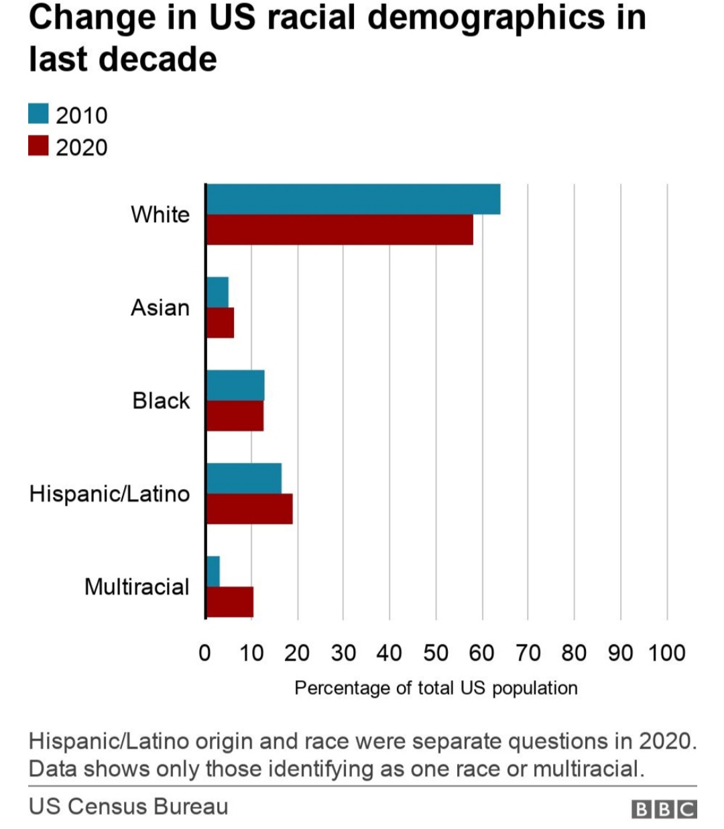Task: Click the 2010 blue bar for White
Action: (353, 199)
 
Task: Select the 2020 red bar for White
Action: (340, 229)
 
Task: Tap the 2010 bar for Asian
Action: (218, 292)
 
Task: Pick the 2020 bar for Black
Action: (235, 416)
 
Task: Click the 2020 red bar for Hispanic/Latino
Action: (249, 509)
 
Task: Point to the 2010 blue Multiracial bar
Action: (213, 571)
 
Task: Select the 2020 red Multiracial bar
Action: (230, 602)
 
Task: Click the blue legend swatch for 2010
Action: (38, 114)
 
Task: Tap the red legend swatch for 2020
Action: (38, 146)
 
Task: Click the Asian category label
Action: (160, 307)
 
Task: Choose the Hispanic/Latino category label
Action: (109, 494)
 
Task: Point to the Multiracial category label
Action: (137, 587)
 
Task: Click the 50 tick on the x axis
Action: (436, 653)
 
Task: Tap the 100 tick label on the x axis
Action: (666, 653)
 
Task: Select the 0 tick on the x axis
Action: (205, 653)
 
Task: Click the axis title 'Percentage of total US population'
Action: (436, 688)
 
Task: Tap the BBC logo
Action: (664, 809)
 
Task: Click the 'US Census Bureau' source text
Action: (129, 806)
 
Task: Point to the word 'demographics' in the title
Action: (487, 19)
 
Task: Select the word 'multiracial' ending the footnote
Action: (588, 769)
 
